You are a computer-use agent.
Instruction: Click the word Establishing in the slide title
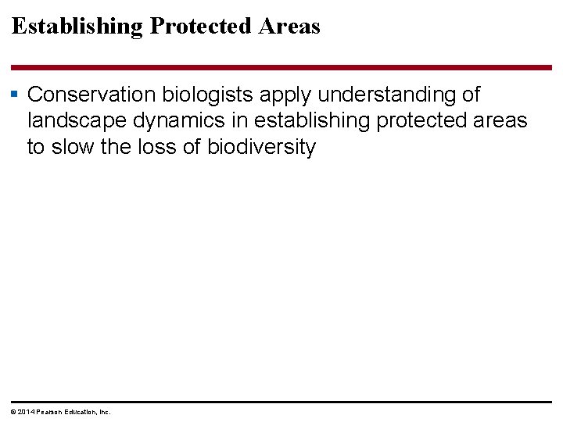coord(77,27)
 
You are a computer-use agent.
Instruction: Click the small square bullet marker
coord(15,95)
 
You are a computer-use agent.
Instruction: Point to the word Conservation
coord(92,95)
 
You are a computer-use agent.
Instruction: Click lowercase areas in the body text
coord(504,121)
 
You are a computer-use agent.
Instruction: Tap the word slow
coord(72,148)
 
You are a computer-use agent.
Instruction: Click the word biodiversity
coord(261,148)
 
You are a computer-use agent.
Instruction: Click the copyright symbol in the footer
coord(11,412)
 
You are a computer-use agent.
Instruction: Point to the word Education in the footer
coord(79,412)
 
